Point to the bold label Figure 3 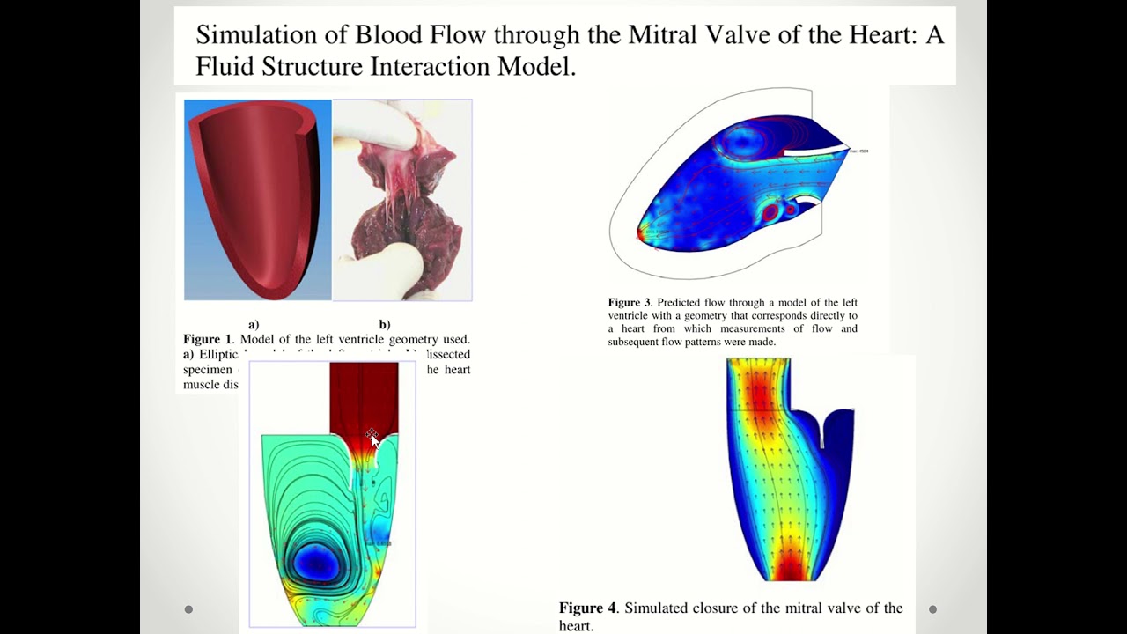pos(630,303)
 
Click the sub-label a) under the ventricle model pos(254,325)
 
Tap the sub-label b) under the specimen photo pos(384,325)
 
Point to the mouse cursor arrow pos(373,439)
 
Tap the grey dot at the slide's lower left pos(188,608)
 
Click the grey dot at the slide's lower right pos(932,608)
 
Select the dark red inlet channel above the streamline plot pos(363,396)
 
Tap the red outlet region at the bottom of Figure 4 pos(789,568)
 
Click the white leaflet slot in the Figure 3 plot pos(810,154)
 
